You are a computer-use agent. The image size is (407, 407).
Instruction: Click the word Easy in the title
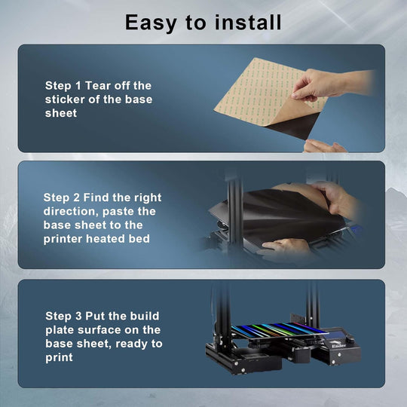tap(151, 23)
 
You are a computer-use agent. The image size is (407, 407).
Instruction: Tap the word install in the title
tap(248, 23)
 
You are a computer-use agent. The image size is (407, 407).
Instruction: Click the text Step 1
tap(63, 86)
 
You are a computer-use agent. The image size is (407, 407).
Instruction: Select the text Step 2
tap(62, 197)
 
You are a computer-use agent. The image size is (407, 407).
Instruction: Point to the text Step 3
tap(63, 317)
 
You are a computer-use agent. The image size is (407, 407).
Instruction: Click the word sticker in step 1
tap(65, 99)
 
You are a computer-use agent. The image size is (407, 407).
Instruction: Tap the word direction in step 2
tap(71, 212)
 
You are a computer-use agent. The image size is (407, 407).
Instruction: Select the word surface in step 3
tap(99, 330)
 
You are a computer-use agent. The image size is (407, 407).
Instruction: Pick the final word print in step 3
tap(59, 358)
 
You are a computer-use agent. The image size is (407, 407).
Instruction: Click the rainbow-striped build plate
tap(279, 330)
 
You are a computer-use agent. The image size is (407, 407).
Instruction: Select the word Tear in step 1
tap(99, 86)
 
